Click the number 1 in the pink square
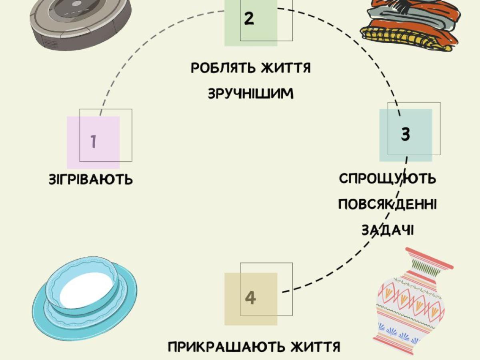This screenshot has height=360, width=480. [x=94, y=142]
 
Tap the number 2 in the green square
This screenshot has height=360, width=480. [x=249, y=18]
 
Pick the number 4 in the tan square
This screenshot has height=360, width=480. [x=250, y=298]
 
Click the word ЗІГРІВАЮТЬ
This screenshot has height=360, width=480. [x=91, y=179]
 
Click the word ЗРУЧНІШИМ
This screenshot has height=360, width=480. [x=251, y=94]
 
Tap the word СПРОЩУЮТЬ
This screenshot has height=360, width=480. [x=387, y=178]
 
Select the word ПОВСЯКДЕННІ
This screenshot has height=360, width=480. [x=387, y=204]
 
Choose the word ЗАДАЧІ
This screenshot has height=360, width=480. [x=387, y=230]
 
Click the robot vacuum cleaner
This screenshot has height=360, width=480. [x=80, y=22]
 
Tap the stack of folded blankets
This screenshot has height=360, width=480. [x=408, y=26]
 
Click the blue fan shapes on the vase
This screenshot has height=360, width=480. [x=400, y=334]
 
